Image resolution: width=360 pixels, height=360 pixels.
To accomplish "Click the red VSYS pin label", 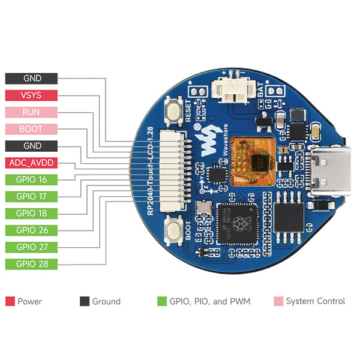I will coord(31,95).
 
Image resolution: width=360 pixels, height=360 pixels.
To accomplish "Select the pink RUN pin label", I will coord(31,112).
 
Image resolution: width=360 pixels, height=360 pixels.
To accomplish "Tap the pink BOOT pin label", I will coord(31,128).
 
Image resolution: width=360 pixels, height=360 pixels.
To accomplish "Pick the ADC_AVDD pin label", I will coord(31,163).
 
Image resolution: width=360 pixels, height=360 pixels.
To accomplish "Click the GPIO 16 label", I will coord(31,179).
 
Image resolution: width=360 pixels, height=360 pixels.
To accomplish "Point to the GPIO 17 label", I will coord(31,196).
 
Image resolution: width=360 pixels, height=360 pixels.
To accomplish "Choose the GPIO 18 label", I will coord(31,213).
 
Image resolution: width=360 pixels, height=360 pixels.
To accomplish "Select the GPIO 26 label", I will coord(31,230).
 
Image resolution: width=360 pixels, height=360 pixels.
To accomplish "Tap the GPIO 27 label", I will coord(31,247).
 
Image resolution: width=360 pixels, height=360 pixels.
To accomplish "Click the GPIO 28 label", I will coord(31,263).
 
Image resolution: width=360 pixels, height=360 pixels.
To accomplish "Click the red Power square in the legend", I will coord(10,301).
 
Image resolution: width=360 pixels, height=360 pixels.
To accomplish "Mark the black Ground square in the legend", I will coord(84,301).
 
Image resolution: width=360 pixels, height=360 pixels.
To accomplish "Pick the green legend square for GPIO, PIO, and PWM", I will coord(161,301).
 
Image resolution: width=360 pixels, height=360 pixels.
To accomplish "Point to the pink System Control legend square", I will coord(277,301).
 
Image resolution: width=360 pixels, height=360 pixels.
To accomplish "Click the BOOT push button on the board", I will coord(176,229).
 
